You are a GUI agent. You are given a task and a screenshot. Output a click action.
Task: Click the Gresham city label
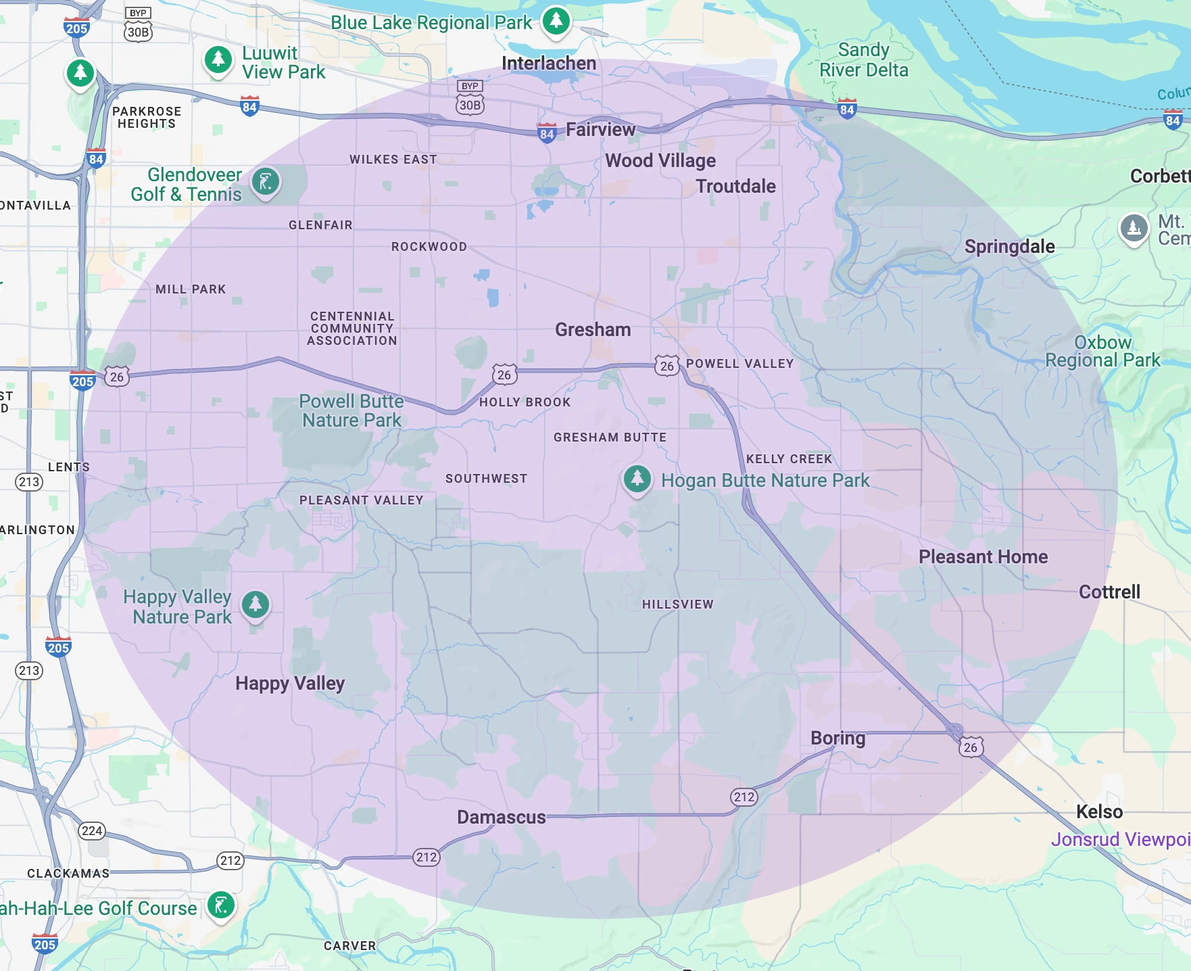[593, 329]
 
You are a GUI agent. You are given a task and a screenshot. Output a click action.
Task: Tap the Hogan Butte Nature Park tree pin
[637, 478]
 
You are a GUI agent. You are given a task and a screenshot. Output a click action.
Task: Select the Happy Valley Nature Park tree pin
[256, 604]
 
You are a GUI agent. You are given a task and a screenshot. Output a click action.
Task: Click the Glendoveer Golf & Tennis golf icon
[266, 182]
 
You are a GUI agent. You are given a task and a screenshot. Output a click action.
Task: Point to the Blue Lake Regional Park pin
[556, 21]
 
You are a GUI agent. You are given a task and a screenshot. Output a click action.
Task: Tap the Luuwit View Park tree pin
[218, 60]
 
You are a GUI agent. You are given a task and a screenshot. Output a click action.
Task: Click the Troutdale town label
[735, 186]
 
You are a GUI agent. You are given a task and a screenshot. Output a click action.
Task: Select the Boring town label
[837, 738]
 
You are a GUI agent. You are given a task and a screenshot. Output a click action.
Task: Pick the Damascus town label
[501, 817]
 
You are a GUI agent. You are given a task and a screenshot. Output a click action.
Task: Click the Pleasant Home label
[983, 556]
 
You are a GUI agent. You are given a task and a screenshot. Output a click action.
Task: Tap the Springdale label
[1009, 246]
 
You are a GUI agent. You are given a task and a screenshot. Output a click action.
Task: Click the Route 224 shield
[92, 830]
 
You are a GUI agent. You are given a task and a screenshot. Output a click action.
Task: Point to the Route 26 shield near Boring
[970, 747]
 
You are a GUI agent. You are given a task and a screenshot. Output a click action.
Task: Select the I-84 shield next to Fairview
[547, 133]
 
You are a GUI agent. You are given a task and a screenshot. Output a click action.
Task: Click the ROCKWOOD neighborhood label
[429, 247]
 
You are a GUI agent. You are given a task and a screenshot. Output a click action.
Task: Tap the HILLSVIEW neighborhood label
[677, 604]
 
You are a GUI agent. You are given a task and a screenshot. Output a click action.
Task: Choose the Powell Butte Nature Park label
[351, 410]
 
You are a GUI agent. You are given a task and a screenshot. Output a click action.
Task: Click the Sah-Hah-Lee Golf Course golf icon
[221, 905]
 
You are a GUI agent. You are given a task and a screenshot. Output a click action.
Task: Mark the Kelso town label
[1099, 811]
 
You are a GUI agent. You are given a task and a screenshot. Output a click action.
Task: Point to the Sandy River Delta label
[863, 60]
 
